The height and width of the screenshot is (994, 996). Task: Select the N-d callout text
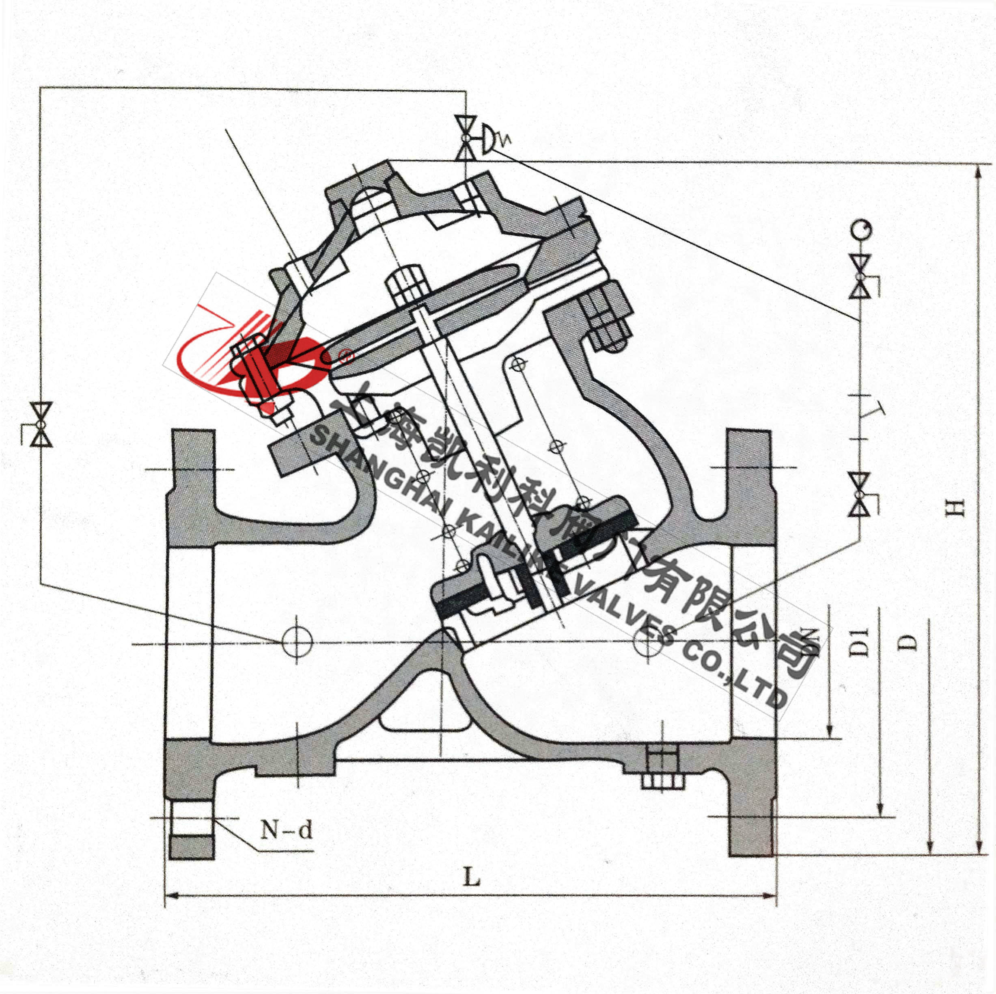point(287,830)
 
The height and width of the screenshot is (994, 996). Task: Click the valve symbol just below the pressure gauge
point(860,276)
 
